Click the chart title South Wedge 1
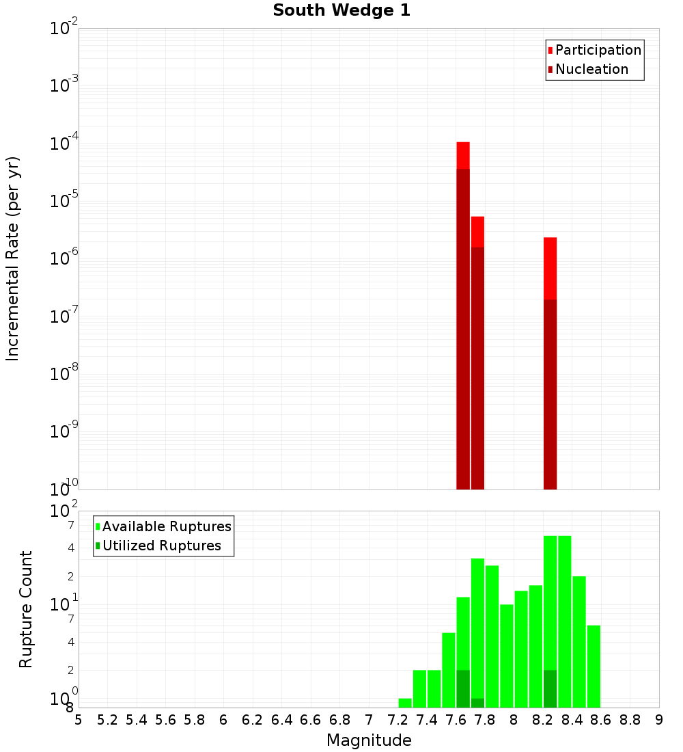point(341,11)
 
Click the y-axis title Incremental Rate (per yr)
point(13,258)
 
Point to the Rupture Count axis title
point(26,609)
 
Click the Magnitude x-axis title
point(369,740)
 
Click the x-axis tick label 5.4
point(137,720)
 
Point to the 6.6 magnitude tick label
point(311,720)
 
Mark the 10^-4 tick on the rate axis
point(64,145)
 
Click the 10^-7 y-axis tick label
point(64,317)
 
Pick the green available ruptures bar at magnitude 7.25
point(405,703)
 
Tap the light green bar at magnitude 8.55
point(594,667)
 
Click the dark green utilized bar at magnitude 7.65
point(463,688)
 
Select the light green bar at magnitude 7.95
point(507,656)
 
